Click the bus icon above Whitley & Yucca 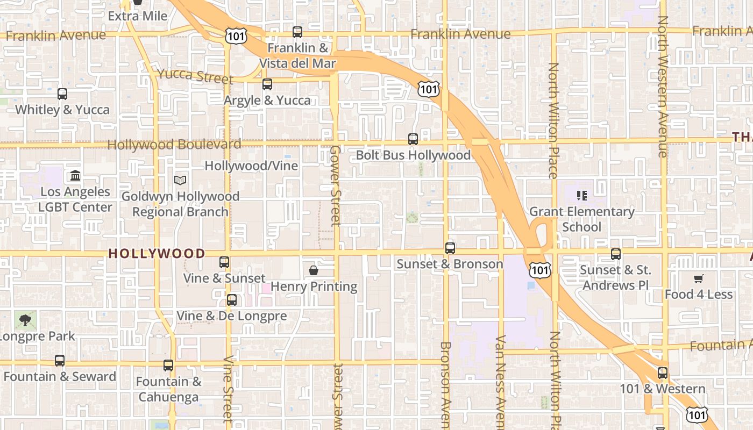pyautogui.click(x=62, y=94)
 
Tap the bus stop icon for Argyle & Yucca pyautogui.click(x=267, y=84)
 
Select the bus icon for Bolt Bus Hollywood pyautogui.click(x=413, y=139)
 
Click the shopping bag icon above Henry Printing pyautogui.click(x=314, y=270)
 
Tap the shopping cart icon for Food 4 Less pyautogui.click(x=698, y=278)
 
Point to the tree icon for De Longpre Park pyautogui.click(x=25, y=320)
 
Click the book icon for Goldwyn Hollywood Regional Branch pyautogui.click(x=180, y=181)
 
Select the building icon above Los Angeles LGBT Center pyautogui.click(x=75, y=176)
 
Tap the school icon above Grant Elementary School pyautogui.click(x=581, y=196)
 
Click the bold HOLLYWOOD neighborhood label pyautogui.click(x=157, y=253)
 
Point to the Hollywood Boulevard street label pyautogui.click(x=174, y=145)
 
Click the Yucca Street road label pyautogui.click(x=196, y=76)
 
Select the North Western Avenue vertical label pyautogui.click(x=663, y=86)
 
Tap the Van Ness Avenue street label pyautogui.click(x=501, y=382)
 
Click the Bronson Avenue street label pyautogui.click(x=445, y=384)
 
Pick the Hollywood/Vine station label pyautogui.click(x=251, y=166)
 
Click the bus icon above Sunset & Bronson pyautogui.click(x=450, y=248)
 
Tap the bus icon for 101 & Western pyautogui.click(x=663, y=373)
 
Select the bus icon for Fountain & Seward pyautogui.click(x=60, y=361)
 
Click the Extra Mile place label pyautogui.click(x=138, y=16)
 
